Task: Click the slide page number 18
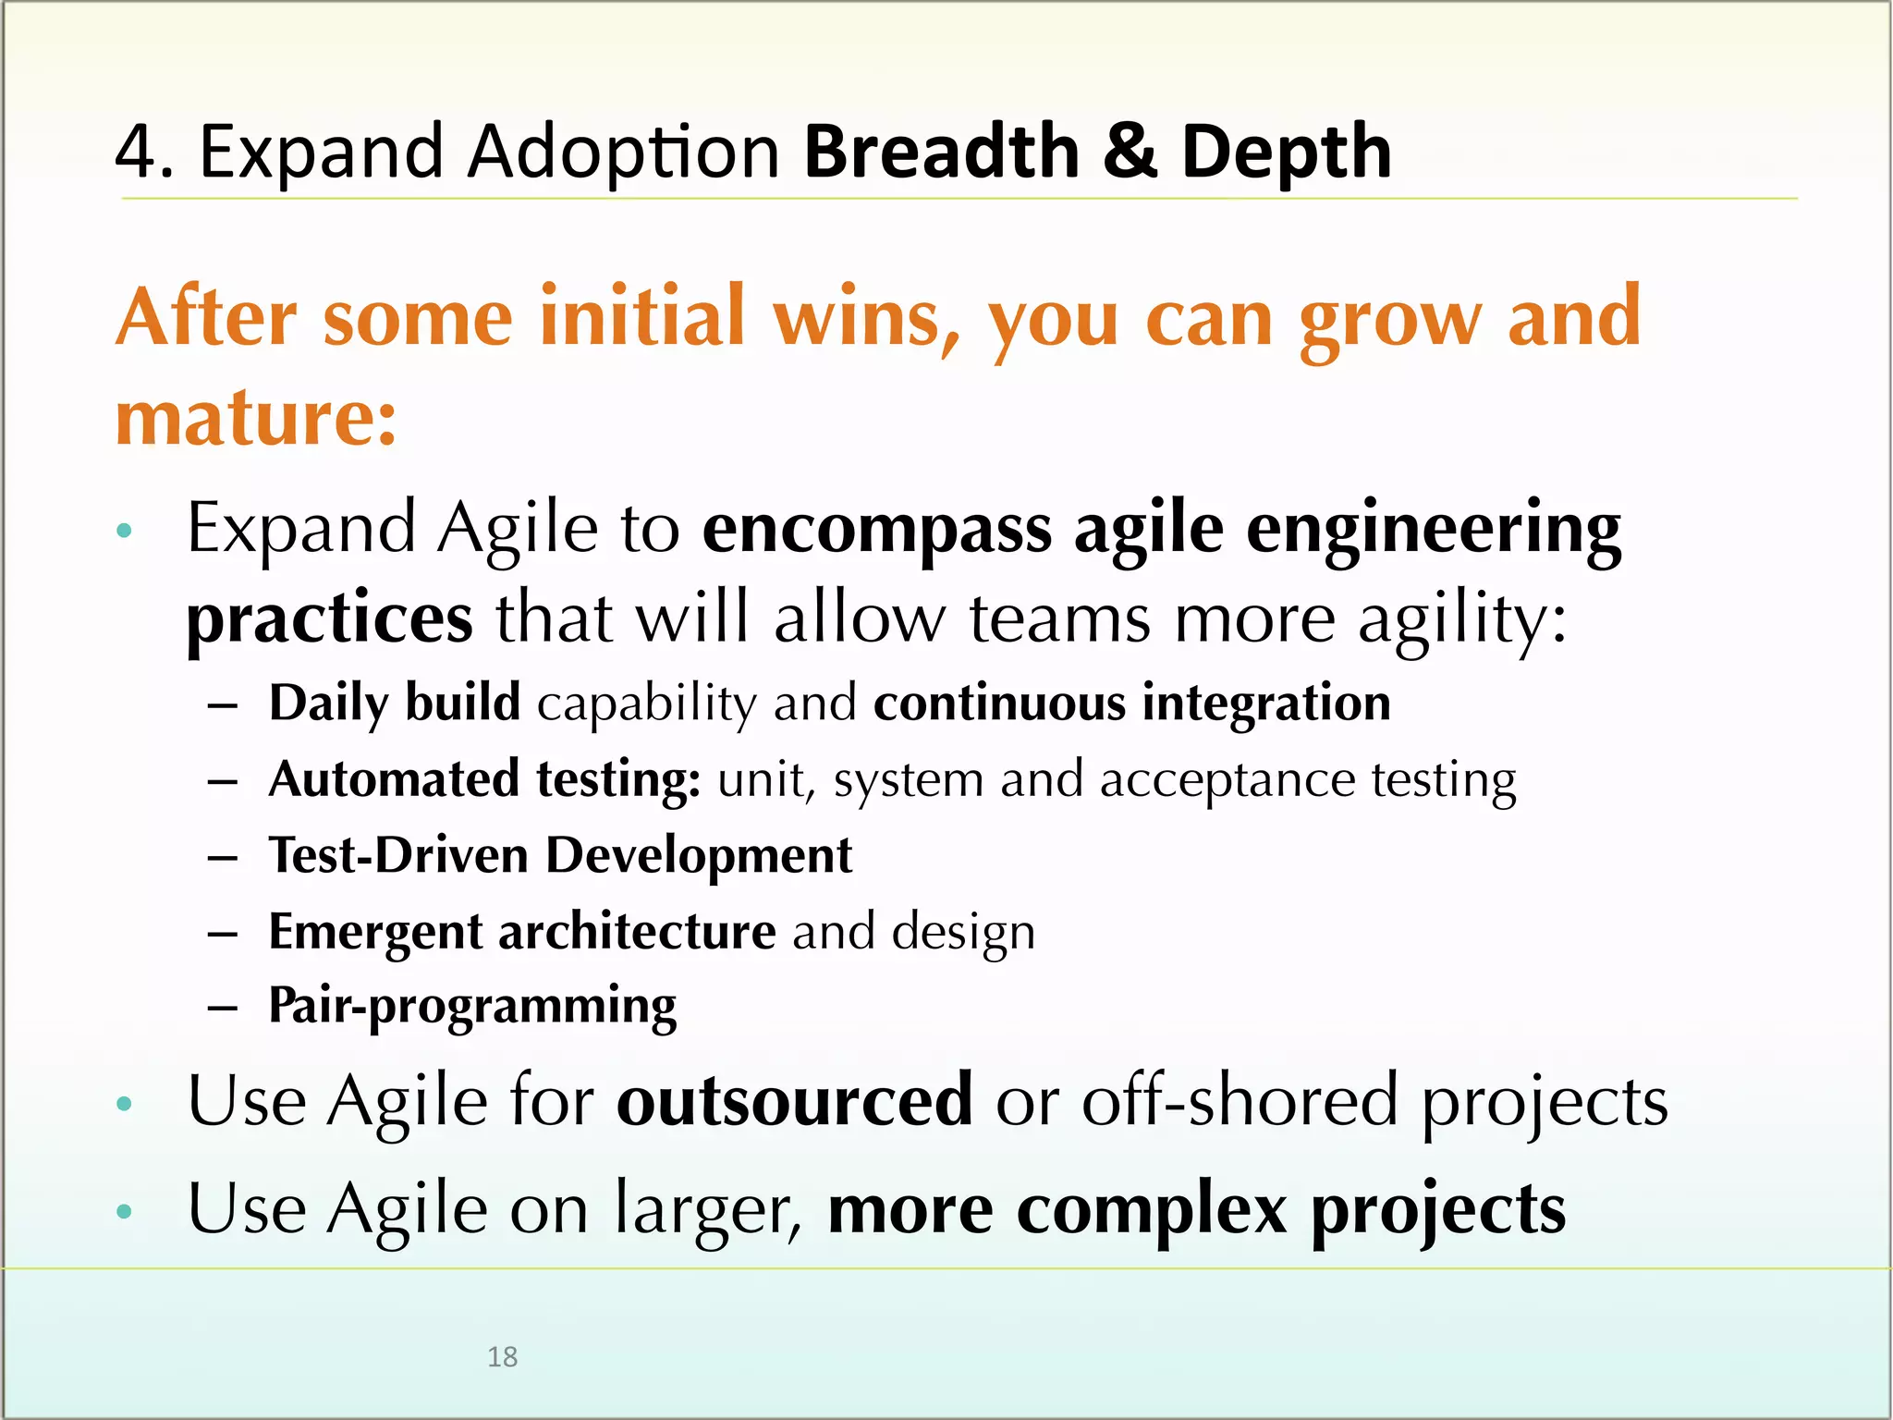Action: click(x=502, y=1356)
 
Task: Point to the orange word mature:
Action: click(x=256, y=419)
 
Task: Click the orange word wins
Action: click(x=865, y=318)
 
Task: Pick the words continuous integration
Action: click(x=1131, y=703)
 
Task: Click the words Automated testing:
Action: click(x=484, y=779)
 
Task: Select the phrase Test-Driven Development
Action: click(x=560, y=855)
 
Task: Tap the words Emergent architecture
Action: click(x=521, y=932)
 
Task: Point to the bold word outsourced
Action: click(x=794, y=1101)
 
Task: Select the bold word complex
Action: click(x=1151, y=1210)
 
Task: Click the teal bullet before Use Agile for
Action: click(x=125, y=1103)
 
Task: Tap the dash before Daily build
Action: click(x=223, y=706)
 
